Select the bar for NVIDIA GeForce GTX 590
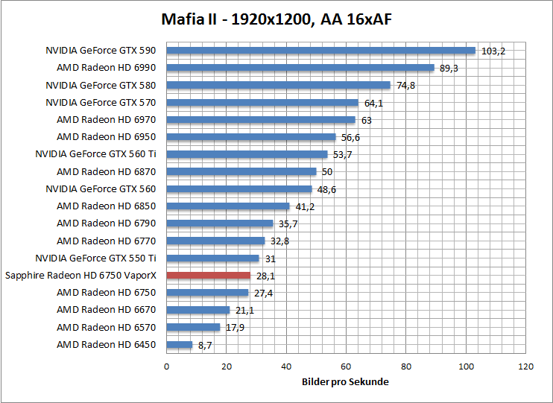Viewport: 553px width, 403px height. coord(320,51)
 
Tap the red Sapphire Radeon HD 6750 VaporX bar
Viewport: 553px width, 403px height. coord(208,276)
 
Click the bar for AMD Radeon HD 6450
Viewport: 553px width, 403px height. coord(179,345)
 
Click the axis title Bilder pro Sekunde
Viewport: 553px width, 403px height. coord(346,381)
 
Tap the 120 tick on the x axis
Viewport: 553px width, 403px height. coord(526,366)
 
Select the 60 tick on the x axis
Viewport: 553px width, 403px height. coord(346,366)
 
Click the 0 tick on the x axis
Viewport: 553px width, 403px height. coord(166,366)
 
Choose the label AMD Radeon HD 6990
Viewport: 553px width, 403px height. coord(107,68)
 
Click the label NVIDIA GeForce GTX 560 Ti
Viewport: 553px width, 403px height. coord(95,154)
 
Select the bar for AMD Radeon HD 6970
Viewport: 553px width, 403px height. coord(260,120)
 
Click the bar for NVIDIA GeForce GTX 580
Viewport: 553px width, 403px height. coord(278,85)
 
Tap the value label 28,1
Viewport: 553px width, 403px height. coord(265,276)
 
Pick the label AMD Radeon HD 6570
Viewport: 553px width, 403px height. coord(107,327)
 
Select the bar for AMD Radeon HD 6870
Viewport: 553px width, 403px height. coord(241,171)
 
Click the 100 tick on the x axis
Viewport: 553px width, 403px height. coord(466,366)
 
